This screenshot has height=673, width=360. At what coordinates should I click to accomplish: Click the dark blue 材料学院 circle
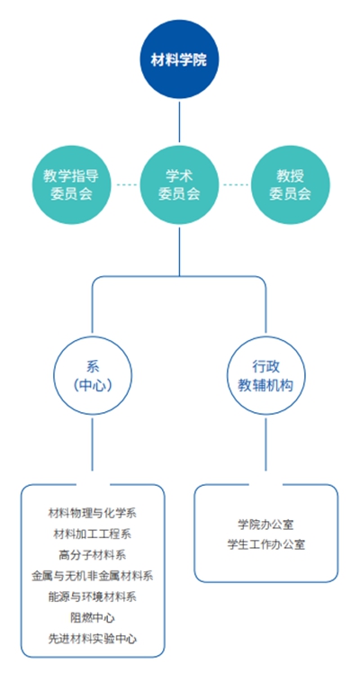(179, 60)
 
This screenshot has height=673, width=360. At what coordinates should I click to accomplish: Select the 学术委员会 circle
(179, 184)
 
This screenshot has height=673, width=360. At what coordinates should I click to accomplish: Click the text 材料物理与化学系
(92, 513)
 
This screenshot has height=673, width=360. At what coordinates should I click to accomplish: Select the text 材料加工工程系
(92, 534)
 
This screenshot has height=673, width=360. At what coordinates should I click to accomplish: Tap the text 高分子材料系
(92, 555)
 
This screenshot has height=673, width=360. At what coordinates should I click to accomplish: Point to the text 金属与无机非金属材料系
(92, 576)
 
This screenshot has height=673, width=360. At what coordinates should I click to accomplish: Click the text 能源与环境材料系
(92, 597)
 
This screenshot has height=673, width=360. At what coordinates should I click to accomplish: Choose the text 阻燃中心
(92, 617)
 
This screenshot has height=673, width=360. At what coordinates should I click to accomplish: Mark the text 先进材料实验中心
(92, 638)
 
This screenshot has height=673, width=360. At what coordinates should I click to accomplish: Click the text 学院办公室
(265, 524)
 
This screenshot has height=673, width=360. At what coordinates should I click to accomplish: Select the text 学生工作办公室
(265, 544)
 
